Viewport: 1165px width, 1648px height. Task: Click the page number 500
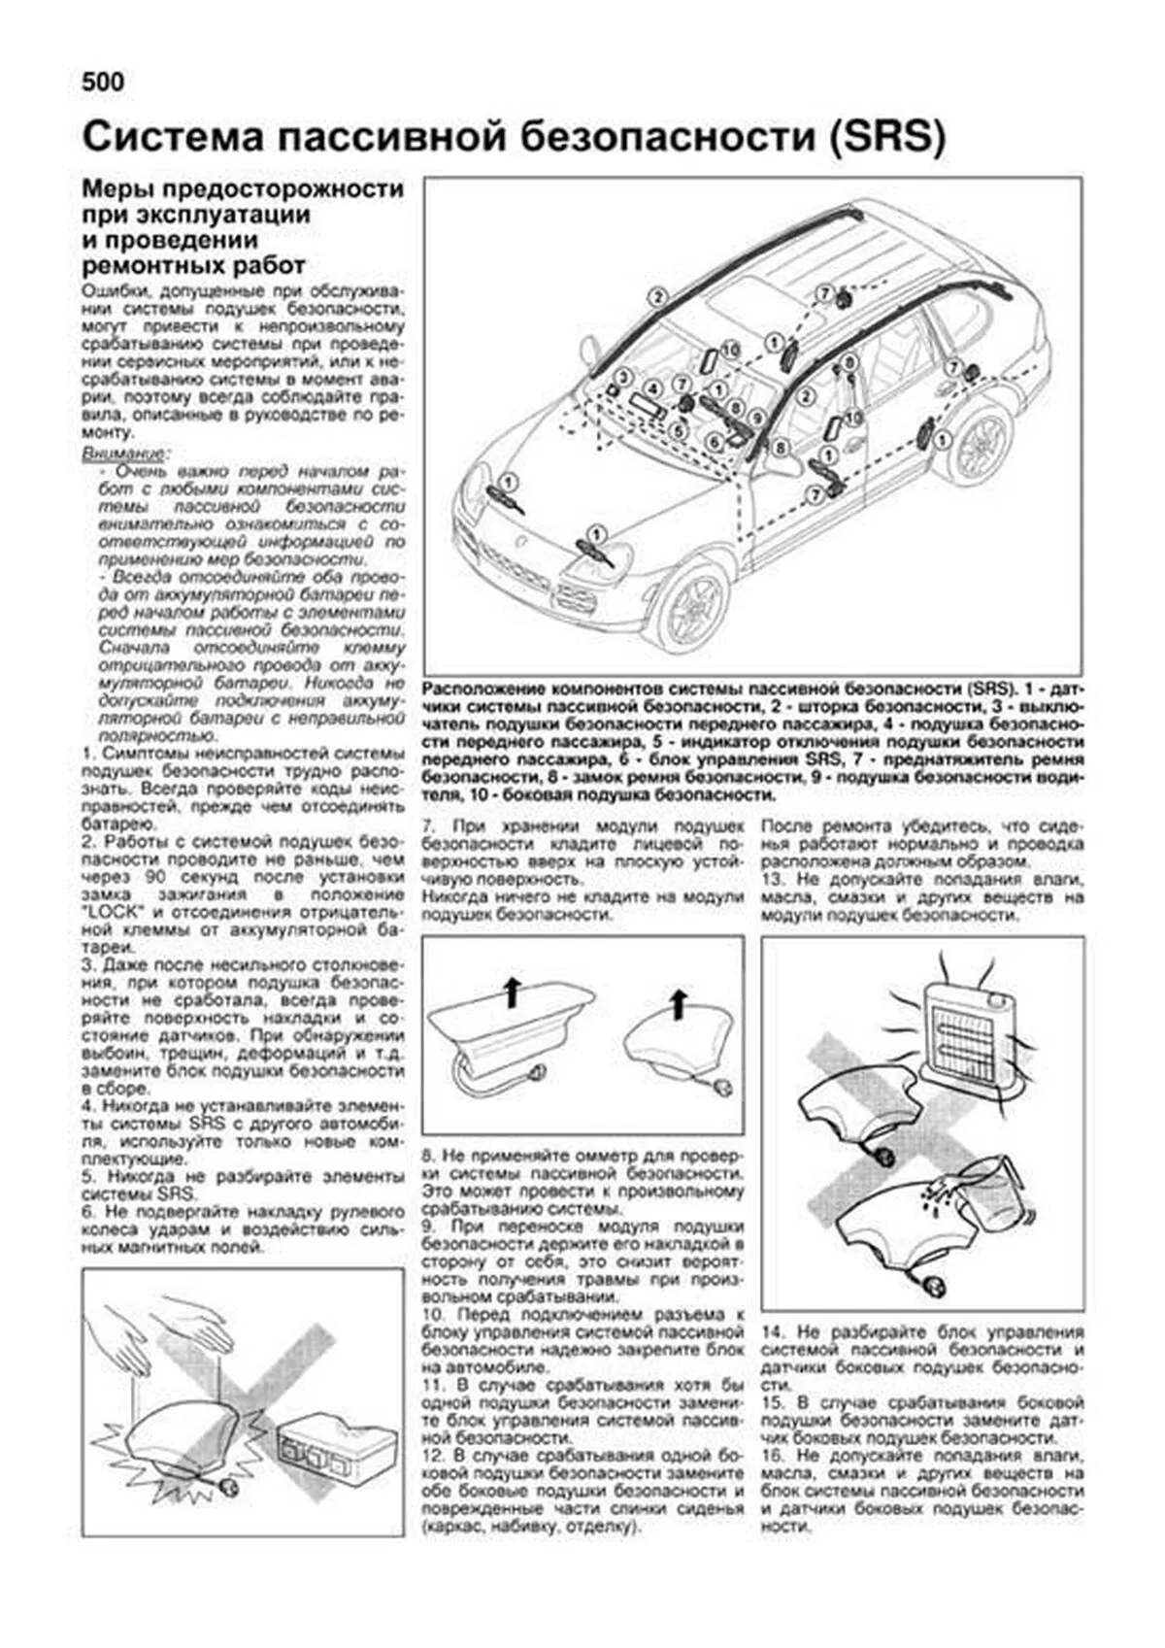pos(103,83)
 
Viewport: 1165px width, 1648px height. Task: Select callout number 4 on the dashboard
pos(653,388)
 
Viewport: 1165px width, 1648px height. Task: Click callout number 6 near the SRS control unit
pos(714,443)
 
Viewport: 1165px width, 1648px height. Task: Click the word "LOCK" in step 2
pos(114,913)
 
